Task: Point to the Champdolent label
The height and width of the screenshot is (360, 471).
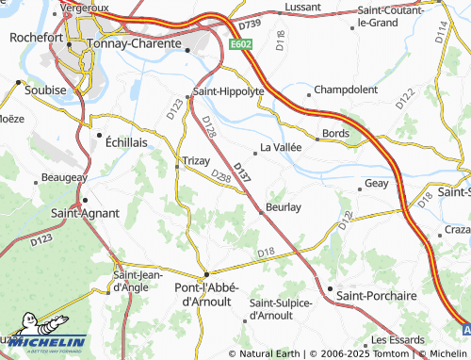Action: pos(345,90)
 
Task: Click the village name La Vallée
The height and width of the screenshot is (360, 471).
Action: pos(280,148)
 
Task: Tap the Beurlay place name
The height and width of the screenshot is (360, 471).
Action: pos(283,206)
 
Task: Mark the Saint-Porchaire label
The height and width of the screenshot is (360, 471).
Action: pos(377,296)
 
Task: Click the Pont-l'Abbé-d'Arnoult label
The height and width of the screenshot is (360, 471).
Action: pos(207,293)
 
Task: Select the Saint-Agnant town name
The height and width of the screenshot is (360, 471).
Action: pos(84,214)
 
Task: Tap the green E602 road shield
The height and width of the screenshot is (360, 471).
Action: pos(241,44)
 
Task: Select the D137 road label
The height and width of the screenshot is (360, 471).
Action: pos(242,171)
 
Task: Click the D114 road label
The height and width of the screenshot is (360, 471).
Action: pos(441,33)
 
